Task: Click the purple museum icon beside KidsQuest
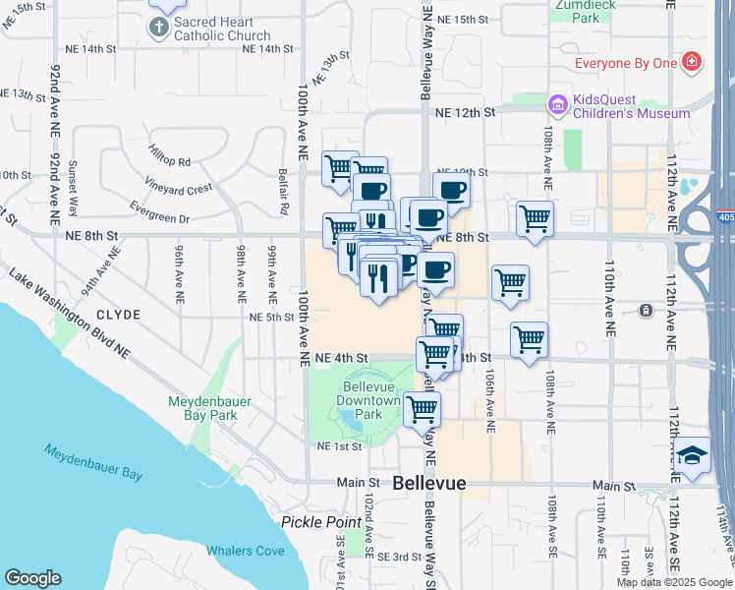tap(558, 104)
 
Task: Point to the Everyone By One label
tap(626, 64)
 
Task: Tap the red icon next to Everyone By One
tap(692, 63)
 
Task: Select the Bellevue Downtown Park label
tap(367, 400)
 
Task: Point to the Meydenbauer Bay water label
tap(94, 461)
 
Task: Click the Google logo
tap(32, 578)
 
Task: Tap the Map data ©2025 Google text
tap(674, 582)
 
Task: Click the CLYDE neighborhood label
tap(119, 315)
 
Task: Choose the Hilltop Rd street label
tap(169, 160)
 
